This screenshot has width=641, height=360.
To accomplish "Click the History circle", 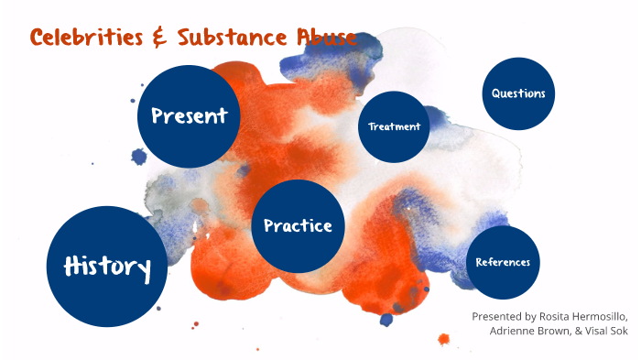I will (107, 267).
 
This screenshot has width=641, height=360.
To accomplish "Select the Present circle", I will (189, 116).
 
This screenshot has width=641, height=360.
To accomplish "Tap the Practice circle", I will (298, 225).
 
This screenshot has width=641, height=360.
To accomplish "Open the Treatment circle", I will (395, 126).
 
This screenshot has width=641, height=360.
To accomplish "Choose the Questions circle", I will (518, 93).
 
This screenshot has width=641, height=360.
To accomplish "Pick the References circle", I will (503, 263).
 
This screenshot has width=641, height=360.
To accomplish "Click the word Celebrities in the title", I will (84, 38).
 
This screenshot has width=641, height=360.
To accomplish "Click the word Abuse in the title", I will (322, 38).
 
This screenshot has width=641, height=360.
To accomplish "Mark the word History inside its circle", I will (107, 267).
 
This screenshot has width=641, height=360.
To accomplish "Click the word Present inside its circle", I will (189, 116).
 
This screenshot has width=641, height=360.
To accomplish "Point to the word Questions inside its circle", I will (518, 93).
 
